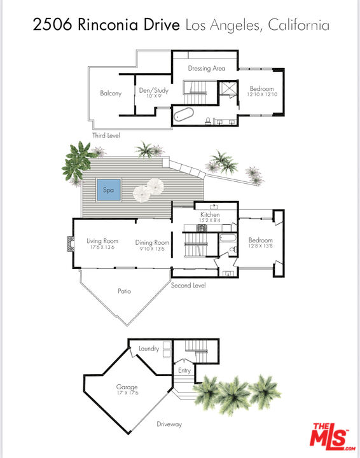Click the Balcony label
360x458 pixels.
point(111,94)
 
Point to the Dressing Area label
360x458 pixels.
point(206,68)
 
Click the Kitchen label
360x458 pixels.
point(210,215)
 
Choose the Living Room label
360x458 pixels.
point(102,241)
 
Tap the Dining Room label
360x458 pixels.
point(152,242)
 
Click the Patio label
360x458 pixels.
point(124,291)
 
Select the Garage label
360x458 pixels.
point(127,386)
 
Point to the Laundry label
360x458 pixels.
point(149,349)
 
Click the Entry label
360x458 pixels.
point(184,370)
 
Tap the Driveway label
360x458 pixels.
point(170,424)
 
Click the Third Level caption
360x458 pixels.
point(106,135)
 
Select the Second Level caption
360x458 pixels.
point(188,286)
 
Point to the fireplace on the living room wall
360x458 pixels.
point(70,245)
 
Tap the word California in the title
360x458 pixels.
point(298,26)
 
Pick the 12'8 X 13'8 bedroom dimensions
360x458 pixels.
point(260,246)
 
